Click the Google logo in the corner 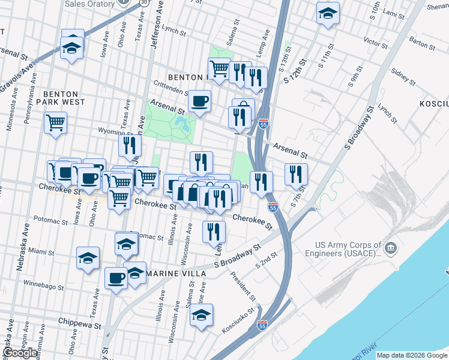click(20, 353)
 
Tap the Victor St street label click(375, 43)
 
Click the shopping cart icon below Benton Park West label click(56, 123)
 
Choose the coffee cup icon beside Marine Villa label click(116, 278)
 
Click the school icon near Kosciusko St click(202, 314)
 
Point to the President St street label click(244, 289)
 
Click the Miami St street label click(41, 251)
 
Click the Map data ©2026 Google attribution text click(412, 355)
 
